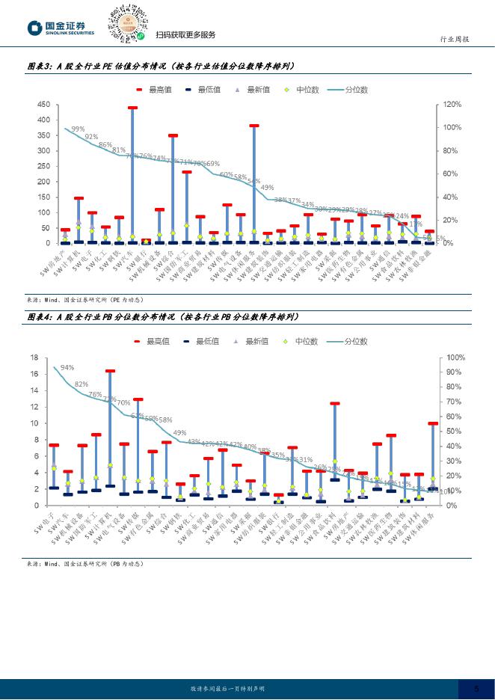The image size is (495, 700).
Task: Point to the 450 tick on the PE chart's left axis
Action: pos(43,105)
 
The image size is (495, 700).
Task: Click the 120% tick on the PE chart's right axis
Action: pos(453,105)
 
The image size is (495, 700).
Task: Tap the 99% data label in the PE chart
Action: pos(78,129)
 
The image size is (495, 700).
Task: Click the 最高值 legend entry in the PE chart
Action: pos(156,90)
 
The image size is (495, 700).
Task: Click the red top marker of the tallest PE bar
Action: pos(132,108)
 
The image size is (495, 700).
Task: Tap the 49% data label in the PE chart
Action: pos(267,187)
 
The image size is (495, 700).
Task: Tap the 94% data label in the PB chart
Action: pos(67,367)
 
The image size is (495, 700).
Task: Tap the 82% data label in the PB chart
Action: pos(81,384)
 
